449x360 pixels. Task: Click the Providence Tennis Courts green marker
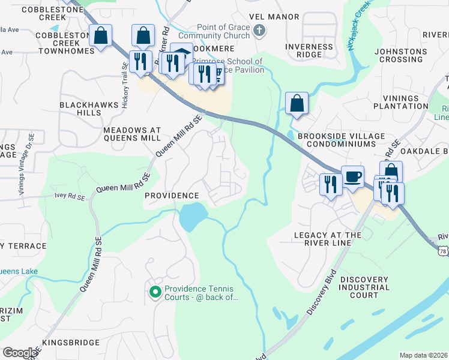pyautogui.click(x=154, y=292)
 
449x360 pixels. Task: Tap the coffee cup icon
pyautogui.click(x=352, y=177)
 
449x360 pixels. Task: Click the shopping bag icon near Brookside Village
pyautogui.click(x=297, y=103)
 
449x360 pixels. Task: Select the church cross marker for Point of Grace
pyautogui.click(x=259, y=31)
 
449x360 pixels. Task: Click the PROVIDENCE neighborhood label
pyautogui.click(x=172, y=196)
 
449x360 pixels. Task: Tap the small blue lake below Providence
pyautogui.click(x=193, y=216)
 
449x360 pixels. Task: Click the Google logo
pyautogui.click(x=19, y=352)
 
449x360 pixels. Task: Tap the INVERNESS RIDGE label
pyautogui.click(x=309, y=50)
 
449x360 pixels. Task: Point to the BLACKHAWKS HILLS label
pyautogui.click(x=88, y=108)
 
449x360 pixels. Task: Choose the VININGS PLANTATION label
pyautogui.click(x=400, y=102)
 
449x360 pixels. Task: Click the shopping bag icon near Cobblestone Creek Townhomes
pyautogui.click(x=101, y=35)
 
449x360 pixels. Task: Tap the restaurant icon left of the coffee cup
pyautogui.click(x=330, y=184)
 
